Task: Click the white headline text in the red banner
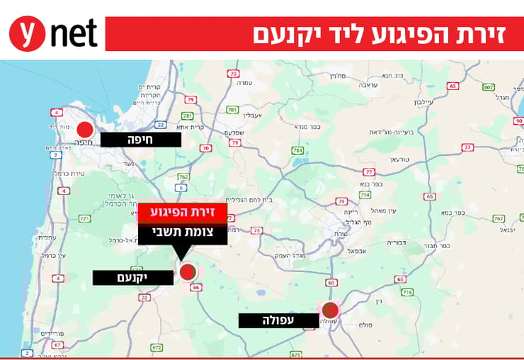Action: click(x=378, y=34)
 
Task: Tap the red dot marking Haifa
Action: click(x=85, y=130)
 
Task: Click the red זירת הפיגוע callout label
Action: click(x=182, y=213)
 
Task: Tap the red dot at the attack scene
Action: click(x=188, y=271)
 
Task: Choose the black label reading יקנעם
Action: click(x=132, y=277)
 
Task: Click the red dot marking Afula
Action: click(x=330, y=310)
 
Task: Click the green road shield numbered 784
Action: click(x=297, y=151)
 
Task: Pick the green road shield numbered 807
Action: click(x=488, y=87)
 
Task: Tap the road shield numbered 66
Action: click(x=195, y=288)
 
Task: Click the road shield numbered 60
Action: click(x=331, y=283)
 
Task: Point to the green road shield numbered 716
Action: click(x=406, y=291)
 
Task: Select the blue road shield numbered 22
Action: click(x=161, y=125)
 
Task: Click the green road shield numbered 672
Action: click(x=156, y=348)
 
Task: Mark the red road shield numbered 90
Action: click(x=519, y=121)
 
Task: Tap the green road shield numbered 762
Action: click(x=183, y=177)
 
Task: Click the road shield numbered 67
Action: click(x=57, y=345)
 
